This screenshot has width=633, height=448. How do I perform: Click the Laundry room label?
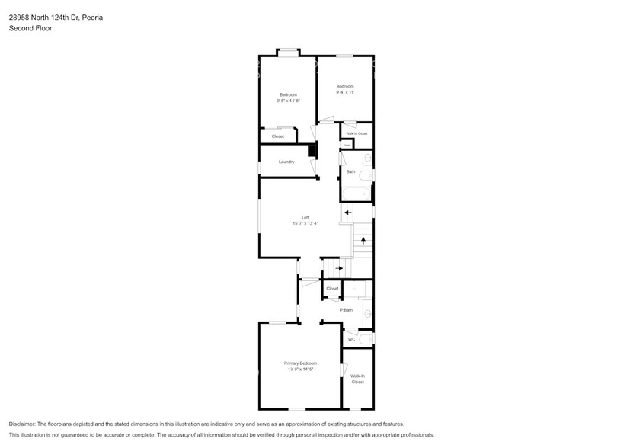click(x=286, y=162)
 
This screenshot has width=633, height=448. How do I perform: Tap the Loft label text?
click(x=305, y=217)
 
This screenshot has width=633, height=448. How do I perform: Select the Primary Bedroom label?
click(x=300, y=363)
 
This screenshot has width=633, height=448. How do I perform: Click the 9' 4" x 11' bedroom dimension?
click(x=345, y=92)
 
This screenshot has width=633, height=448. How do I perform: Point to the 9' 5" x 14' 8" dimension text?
click(x=288, y=101)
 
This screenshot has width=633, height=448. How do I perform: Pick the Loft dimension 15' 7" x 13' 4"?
click(x=305, y=223)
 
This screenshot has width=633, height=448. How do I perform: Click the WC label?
click(x=351, y=339)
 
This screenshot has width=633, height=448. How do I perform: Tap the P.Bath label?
click(x=347, y=309)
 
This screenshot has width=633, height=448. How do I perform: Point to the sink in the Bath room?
click(x=367, y=158)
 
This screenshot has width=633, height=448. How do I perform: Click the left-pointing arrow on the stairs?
click(x=347, y=213)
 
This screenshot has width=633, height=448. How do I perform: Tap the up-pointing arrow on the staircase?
click(x=363, y=241)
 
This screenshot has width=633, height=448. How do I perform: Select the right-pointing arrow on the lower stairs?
click(x=340, y=267)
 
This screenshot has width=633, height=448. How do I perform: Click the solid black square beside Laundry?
click(x=312, y=150)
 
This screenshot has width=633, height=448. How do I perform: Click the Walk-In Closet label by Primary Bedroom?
click(x=357, y=379)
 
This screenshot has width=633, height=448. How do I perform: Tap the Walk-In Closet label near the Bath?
click(x=356, y=133)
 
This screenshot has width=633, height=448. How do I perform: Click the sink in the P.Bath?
click(x=367, y=313)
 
